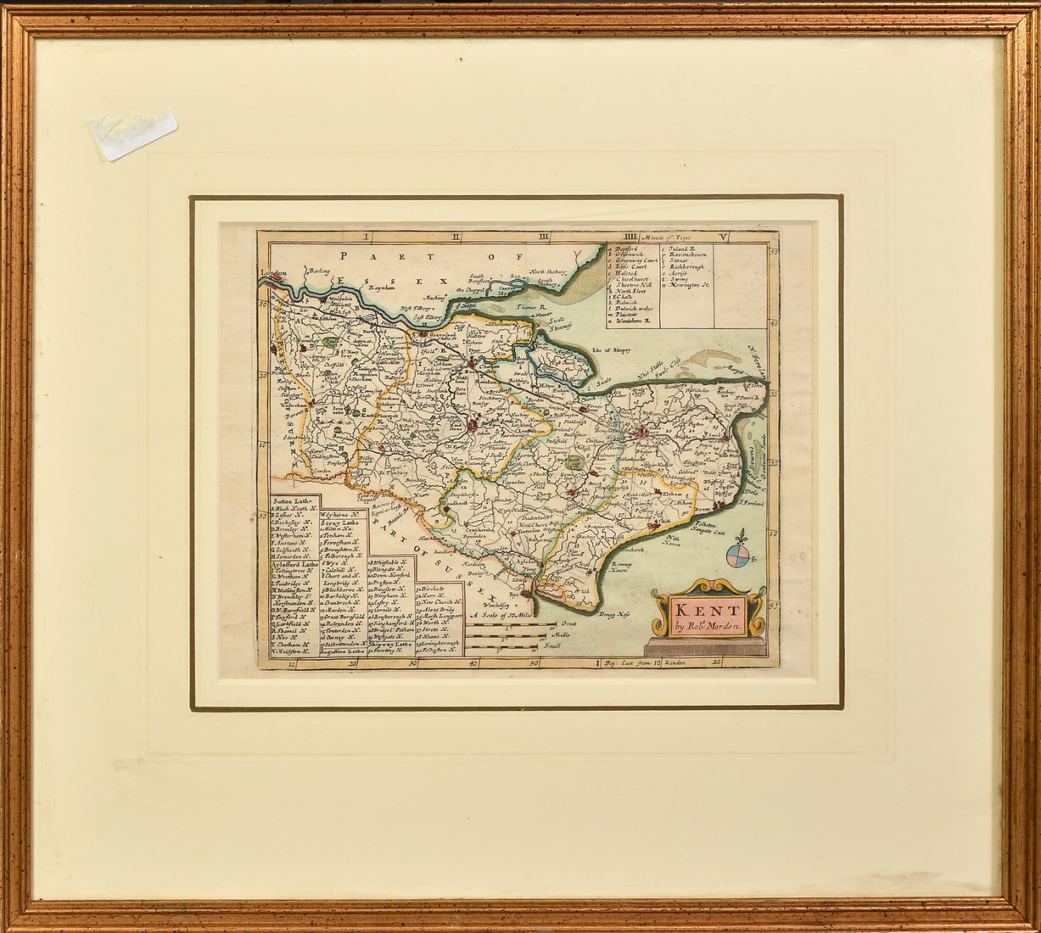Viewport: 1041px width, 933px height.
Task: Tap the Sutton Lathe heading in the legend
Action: [x=292, y=502]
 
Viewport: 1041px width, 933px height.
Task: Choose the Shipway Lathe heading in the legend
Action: [x=389, y=643]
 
